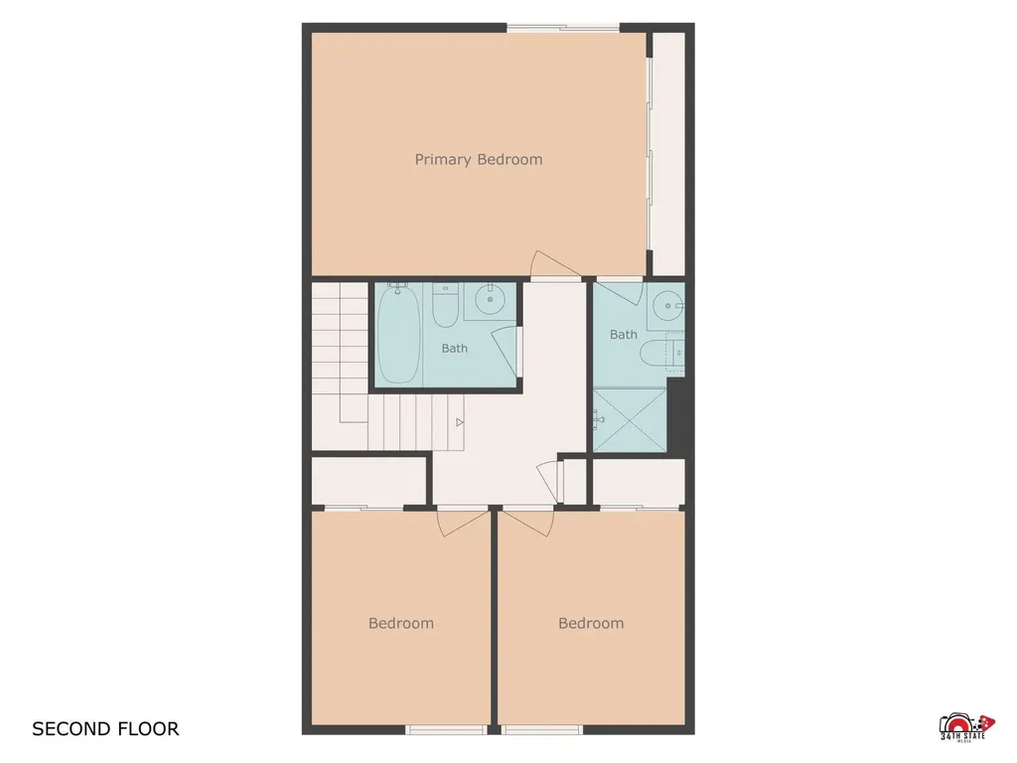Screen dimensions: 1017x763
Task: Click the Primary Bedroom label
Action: tap(479, 160)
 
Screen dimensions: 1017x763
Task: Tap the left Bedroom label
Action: tap(401, 624)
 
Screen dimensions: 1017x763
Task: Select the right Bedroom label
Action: tap(591, 624)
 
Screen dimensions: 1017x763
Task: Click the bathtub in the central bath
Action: tap(398, 334)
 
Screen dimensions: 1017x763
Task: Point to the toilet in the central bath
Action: tap(446, 306)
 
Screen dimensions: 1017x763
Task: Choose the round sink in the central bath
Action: tap(491, 299)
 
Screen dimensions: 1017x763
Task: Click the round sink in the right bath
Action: tap(667, 306)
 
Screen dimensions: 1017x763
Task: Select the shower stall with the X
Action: tap(630, 420)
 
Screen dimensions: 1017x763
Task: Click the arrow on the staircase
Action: tap(459, 422)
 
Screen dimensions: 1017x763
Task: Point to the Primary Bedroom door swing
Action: tap(554, 264)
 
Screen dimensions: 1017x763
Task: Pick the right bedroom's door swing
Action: tap(528, 523)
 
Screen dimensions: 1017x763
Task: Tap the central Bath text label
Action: tap(455, 349)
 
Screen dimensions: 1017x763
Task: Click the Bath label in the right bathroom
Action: tap(624, 335)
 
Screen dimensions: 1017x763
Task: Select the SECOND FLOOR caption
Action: tap(105, 729)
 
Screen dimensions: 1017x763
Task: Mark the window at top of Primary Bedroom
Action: tap(563, 27)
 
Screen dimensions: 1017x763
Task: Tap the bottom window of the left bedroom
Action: tap(446, 730)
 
